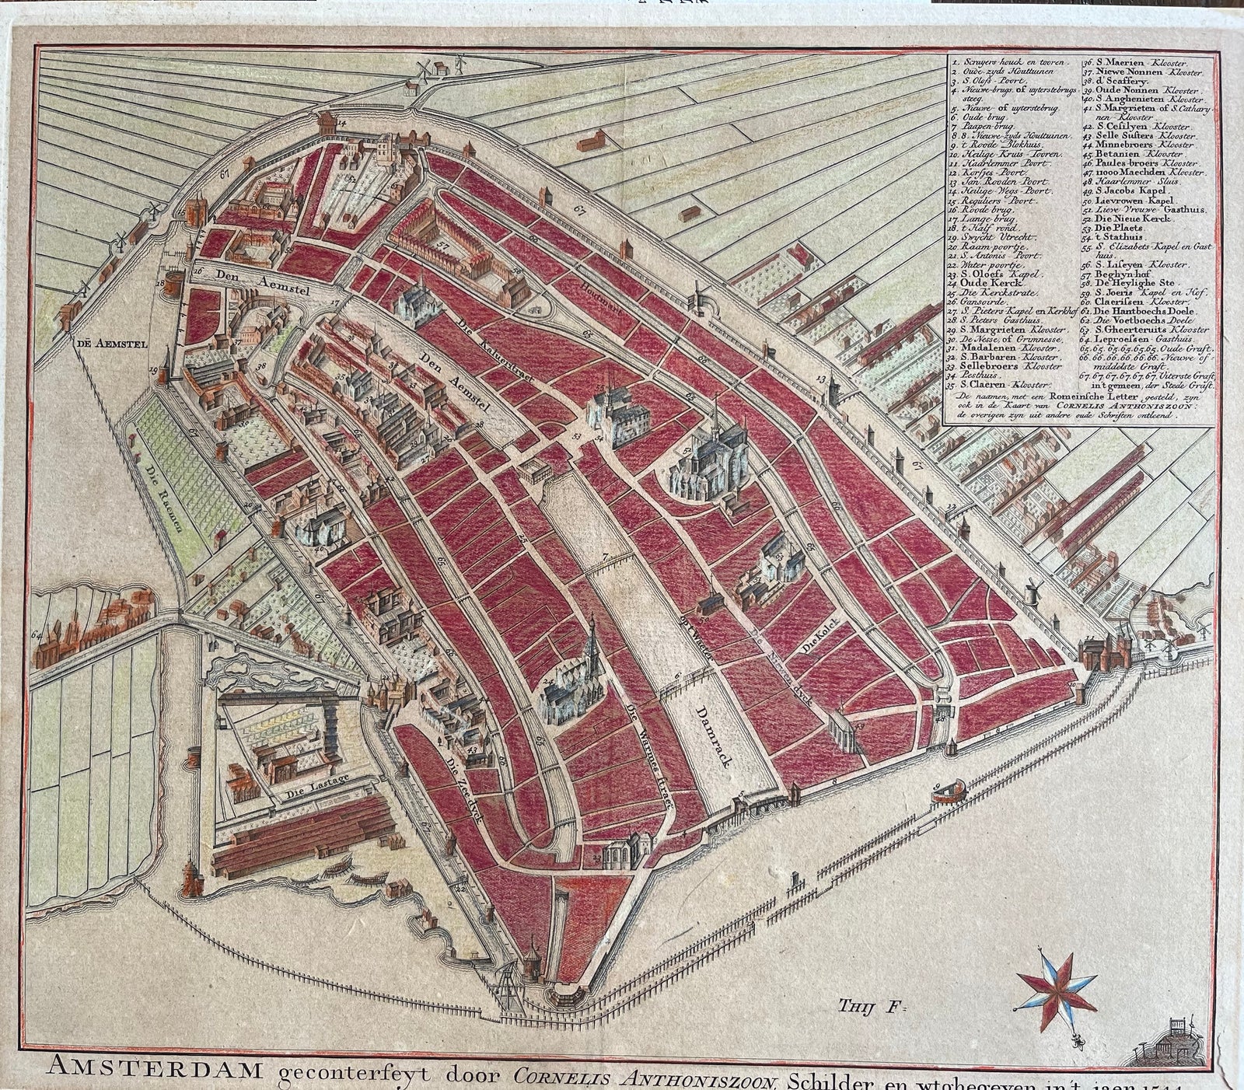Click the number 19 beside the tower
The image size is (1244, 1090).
[155, 370]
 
